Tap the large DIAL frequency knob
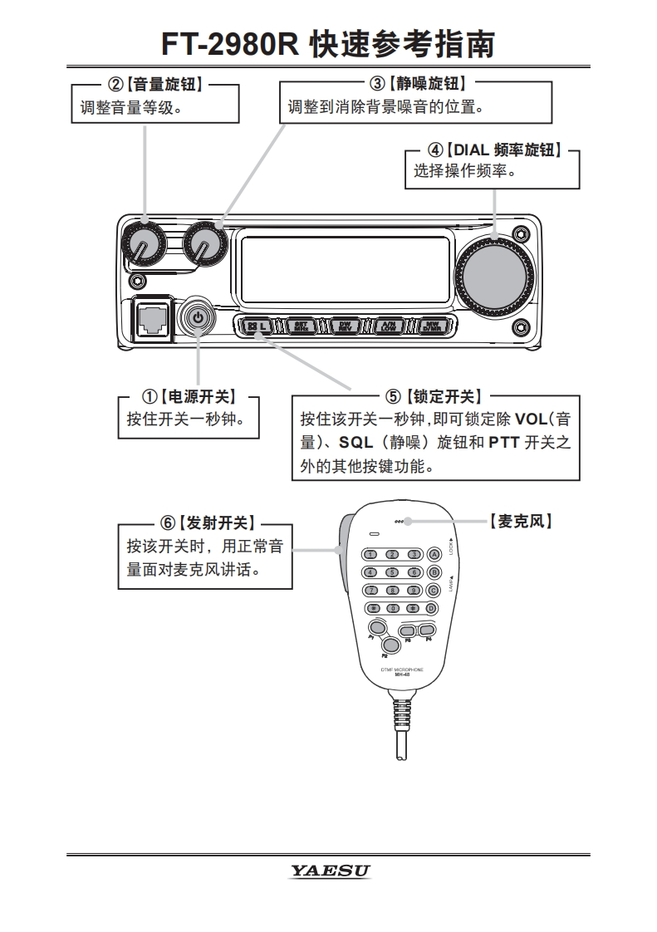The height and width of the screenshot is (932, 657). pos(493,275)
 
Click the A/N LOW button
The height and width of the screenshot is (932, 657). pos(387,326)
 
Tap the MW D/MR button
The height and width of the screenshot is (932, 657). pos(430,326)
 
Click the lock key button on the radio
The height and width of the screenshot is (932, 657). pos(257,326)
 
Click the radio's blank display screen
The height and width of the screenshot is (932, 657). pos(345,267)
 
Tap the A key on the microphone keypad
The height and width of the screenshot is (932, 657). pos(433,554)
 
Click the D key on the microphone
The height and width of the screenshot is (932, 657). pos(432,607)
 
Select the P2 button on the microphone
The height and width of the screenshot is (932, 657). pos(390,643)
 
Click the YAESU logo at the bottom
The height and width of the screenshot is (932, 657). pos(330,871)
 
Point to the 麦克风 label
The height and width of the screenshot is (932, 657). pos(521,522)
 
